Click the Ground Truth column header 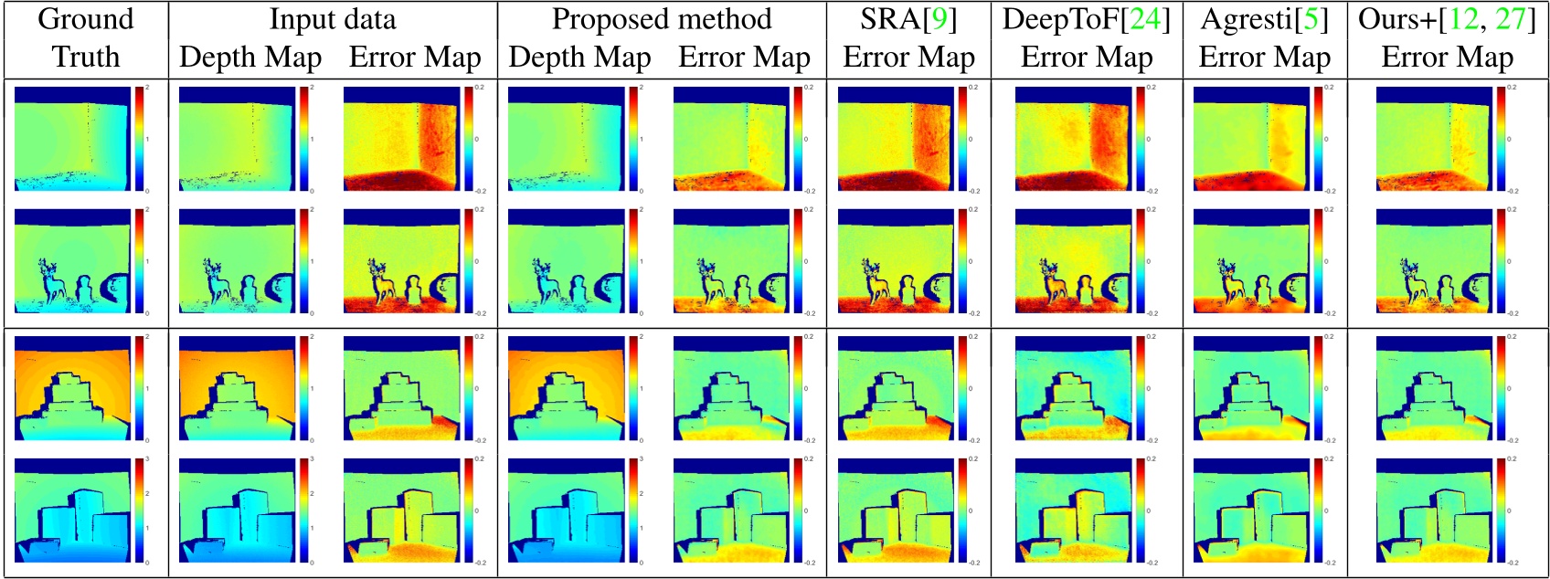(85, 37)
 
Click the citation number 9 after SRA (938, 19)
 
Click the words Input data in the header (333, 19)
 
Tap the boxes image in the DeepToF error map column (1073, 509)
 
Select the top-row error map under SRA (896, 139)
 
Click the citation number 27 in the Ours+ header (1509, 19)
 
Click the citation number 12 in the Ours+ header (1462, 19)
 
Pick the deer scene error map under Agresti (1251, 262)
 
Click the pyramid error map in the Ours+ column (1433, 388)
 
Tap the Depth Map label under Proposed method (579, 58)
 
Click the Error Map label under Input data (415, 58)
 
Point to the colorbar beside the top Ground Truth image (140, 139)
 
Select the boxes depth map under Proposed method (566, 509)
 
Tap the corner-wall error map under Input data (402, 139)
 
